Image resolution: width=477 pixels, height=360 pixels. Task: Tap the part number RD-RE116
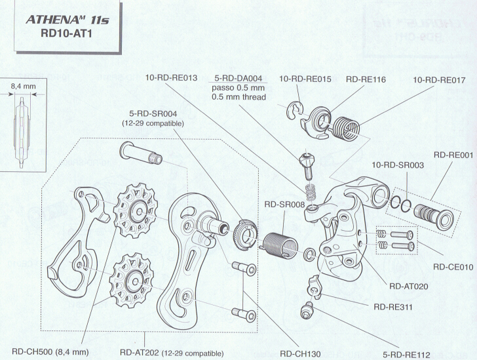point(366,79)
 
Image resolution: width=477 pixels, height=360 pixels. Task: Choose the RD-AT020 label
point(409,286)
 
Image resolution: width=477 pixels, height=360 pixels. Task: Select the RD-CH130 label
point(300,353)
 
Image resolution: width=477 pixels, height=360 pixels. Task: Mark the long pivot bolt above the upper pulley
point(139,157)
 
